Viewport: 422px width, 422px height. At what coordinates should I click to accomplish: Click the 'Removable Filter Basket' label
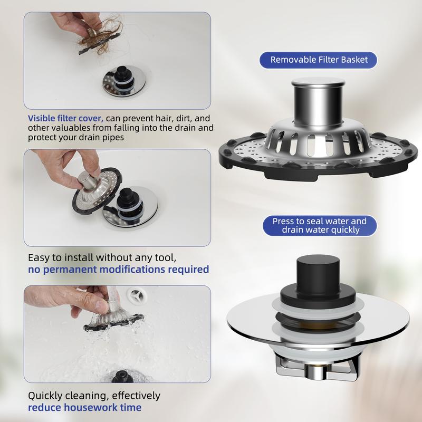318,60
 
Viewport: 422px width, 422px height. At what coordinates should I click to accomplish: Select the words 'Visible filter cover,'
65,118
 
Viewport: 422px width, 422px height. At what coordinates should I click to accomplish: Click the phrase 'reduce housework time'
85,407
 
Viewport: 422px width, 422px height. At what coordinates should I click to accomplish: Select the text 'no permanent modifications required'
118,270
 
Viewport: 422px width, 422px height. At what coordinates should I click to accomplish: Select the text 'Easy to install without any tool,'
102,258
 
